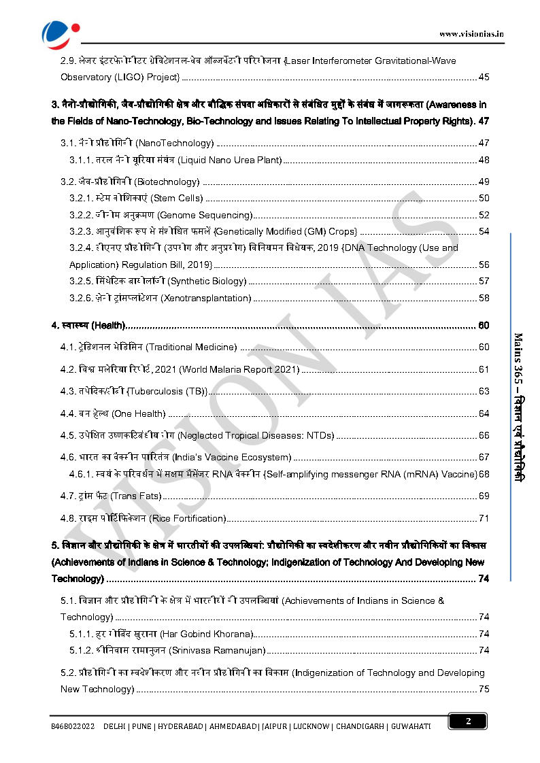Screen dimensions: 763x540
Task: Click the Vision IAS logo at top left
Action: pos(61,31)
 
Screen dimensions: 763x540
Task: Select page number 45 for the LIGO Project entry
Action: pos(484,77)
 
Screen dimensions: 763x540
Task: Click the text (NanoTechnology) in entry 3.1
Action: pos(175,143)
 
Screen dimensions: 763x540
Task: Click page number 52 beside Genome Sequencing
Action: pos(484,215)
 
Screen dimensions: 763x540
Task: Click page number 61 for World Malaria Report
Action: pos(484,369)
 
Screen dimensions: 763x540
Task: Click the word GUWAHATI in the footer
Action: pos(411,726)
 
